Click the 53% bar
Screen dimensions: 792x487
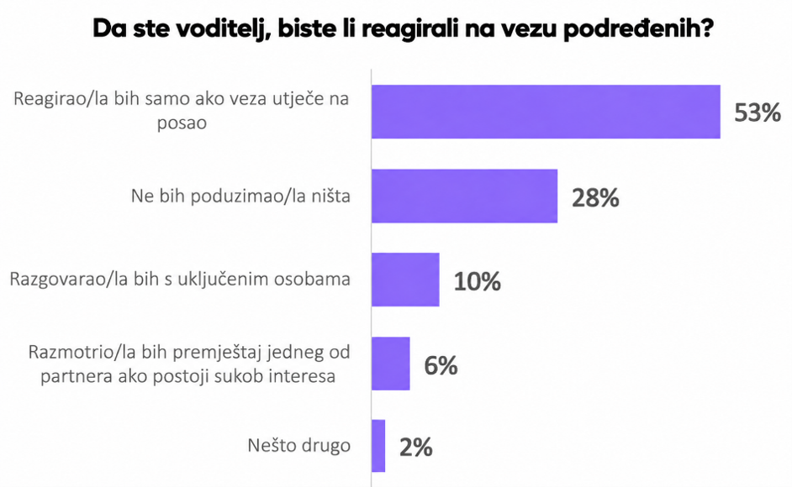[x=546, y=112]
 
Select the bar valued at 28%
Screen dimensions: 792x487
[x=465, y=196]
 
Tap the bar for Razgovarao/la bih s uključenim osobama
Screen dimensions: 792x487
[x=405, y=280]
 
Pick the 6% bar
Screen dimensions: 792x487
[x=391, y=364]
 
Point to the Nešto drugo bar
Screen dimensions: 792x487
[x=378, y=446]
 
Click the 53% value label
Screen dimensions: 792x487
[x=758, y=113]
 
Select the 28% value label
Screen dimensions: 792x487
[x=595, y=198]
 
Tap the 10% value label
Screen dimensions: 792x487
[x=477, y=281]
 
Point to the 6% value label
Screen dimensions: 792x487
[x=441, y=365]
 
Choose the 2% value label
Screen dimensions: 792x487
[x=415, y=448]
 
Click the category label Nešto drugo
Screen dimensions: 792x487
[x=299, y=446]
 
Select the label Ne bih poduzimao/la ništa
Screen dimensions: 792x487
[x=240, y=196]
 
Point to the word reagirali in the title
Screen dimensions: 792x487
[x=409, y=29]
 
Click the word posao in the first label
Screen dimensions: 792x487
[x=182, y=123]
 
